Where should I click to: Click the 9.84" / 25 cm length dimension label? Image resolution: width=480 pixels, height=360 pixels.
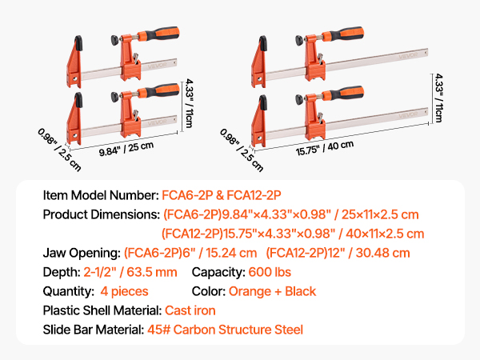pyautogui.click(x=126, y=149)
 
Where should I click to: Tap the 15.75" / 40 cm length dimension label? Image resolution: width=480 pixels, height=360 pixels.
pyautogui.click(x=325, y=148)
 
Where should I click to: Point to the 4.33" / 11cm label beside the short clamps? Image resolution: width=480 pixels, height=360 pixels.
pyautogui.click(x=190, y=103)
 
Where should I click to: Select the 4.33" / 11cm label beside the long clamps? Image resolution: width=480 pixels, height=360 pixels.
pyautogui.click(x=439, y=98)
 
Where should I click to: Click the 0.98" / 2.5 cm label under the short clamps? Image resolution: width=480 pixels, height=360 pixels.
pyautogui.click(x=59, y=150)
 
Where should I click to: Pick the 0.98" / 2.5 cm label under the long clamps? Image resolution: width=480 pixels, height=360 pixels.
pyautogui.click(x=242, y=150)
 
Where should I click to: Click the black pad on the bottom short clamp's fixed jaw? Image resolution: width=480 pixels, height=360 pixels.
pyautogui.click(x=78, y=100)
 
